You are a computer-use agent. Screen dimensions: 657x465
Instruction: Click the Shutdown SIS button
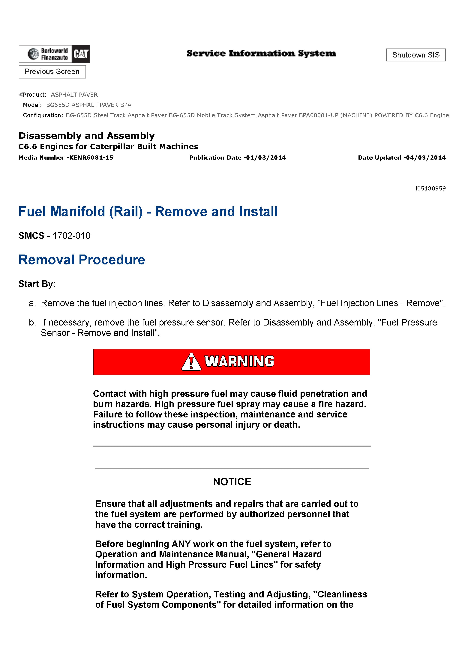415,55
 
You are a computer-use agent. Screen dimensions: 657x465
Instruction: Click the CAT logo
81,54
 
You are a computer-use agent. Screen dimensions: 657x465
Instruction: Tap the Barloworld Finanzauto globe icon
33,54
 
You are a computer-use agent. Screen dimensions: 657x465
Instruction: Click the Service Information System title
261,54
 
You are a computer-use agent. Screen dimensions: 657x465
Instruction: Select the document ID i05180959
431,188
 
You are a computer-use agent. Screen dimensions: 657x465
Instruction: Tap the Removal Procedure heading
82,260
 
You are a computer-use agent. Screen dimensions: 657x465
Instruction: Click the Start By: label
37,284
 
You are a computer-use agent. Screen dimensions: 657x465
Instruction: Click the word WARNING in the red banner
239,361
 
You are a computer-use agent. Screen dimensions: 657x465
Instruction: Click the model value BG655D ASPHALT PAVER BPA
88,105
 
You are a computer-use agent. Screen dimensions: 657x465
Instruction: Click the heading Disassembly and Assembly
86,136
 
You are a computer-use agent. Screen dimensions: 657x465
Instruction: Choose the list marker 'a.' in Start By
32,303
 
